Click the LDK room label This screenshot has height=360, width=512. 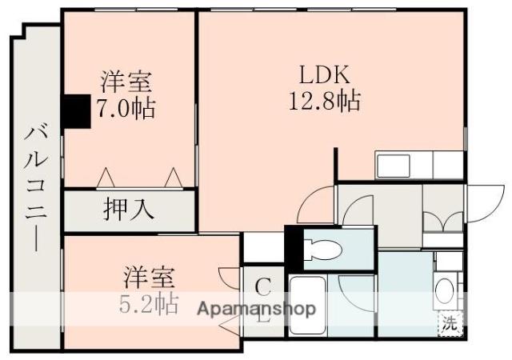tap(324, 77)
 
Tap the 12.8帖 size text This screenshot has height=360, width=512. tap(323, 102)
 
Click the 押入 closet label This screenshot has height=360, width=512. tap(128, 210)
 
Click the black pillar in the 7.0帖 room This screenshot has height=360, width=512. tap(76, 111)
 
